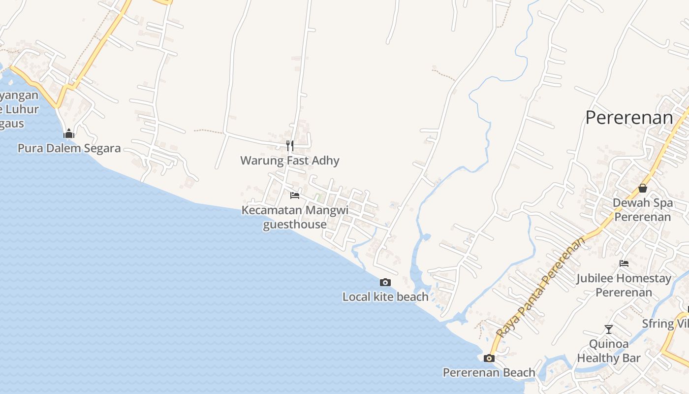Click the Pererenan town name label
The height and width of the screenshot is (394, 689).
coord(629,118)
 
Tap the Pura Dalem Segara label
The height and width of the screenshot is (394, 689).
coord(69,148)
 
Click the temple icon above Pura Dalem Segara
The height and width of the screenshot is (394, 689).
coord(69,133)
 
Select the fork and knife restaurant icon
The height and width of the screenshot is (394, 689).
coord(290,145)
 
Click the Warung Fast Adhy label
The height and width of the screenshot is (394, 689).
coord(290,161)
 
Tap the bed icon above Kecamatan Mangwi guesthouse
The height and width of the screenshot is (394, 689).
coord(295,196)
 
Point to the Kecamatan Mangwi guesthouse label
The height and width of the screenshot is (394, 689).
coord(295,217)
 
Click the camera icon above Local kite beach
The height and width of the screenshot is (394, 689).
coord(385,282)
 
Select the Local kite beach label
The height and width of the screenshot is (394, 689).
coord(385,297)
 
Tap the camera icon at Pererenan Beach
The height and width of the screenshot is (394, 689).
coord(489,358)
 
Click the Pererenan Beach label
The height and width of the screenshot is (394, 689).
coord(489,373)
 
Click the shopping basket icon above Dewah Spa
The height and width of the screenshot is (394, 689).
coord(642,188)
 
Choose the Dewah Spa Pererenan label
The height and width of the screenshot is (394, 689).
coord(642,210)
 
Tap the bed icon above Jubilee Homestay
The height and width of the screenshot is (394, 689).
coord(624,263)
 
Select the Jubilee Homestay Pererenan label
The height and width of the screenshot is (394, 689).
coord(624,285)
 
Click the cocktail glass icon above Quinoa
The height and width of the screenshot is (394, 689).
coord(609,329)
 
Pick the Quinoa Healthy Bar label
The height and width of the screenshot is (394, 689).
coord(609,351)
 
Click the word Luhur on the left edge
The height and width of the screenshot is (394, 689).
coord(22,109)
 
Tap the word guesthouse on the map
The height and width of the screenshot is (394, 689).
coord(295,225)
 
